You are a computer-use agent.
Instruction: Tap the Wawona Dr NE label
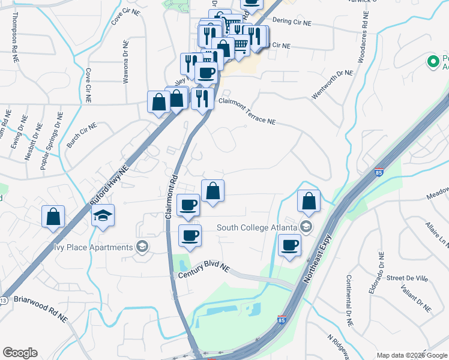(125, 61)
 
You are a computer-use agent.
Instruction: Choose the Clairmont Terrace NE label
(247, 112)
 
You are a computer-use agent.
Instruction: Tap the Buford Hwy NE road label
(110, 184)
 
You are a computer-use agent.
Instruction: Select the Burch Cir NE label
(82, 135)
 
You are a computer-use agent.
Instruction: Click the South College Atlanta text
(257, 227)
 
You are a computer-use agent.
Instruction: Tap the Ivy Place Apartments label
(92, 247)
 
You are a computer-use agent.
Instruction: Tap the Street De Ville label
(406, 278)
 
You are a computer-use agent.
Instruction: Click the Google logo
(20, 352)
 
